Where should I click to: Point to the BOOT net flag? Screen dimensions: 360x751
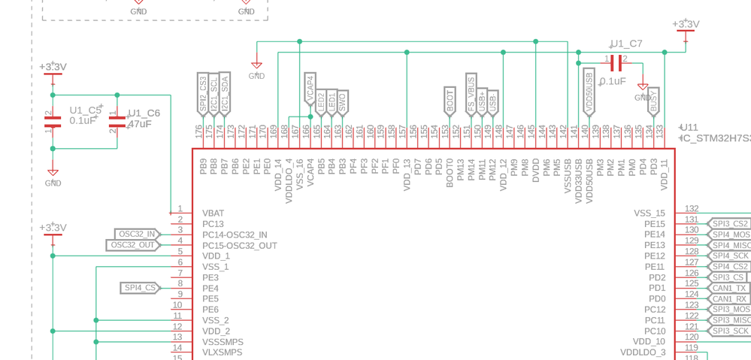pyautogui.click(x=450, y=101)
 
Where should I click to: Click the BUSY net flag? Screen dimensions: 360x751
pyautogui.click(x=653, y=102)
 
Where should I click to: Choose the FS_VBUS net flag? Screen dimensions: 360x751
pyautogui.click(x=471, y=95)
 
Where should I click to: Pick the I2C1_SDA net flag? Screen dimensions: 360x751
pyautogui.click(x=224, y=94)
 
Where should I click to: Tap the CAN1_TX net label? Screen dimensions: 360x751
pyautogui.click(x=729, y=288)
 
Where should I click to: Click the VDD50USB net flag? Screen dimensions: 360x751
pyautogui.click(x=589, y=92)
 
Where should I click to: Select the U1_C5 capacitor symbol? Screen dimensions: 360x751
pyautogui.click(x=53, y=121)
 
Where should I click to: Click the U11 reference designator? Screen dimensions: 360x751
pyautogui.click(x=689, y=128)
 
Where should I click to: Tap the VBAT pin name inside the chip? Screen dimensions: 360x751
pyautogui.click(x=213, y=213)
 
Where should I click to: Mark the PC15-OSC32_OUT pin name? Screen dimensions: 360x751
pyautogui.click(x=239, y=246)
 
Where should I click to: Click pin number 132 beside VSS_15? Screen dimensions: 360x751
pyautogui.click(x=691, y=209)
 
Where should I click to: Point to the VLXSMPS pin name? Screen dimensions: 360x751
pyautogui.click(x=222, y=352)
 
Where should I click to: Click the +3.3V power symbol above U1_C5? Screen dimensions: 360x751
pyautogui.click(x=53, y=68)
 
